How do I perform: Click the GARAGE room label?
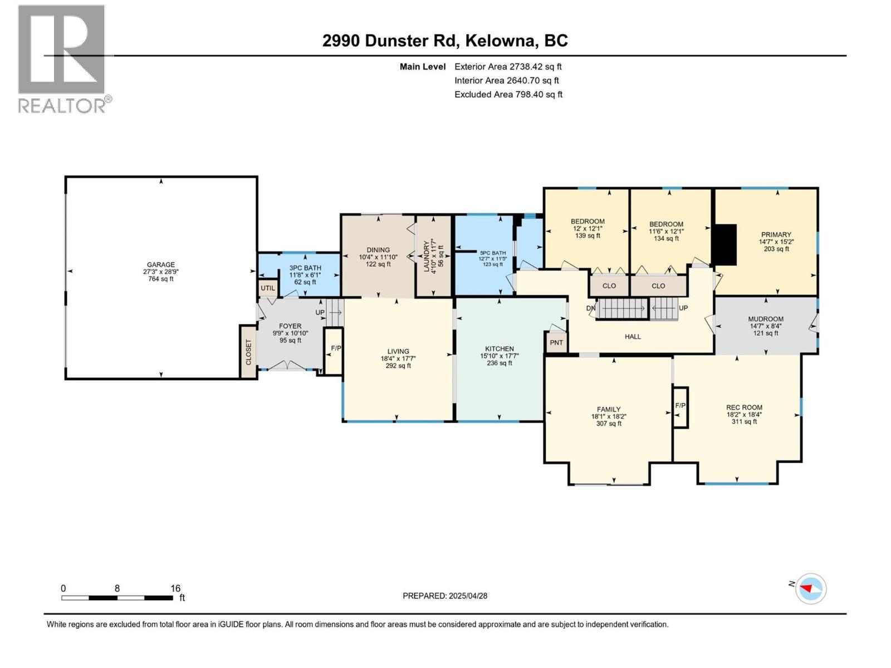pyautogui.click(x=161, y=264)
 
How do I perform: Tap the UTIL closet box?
pyautogui.click(x=268, y=288)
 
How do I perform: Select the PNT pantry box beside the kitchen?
pyautogui.click(x=556, y=342)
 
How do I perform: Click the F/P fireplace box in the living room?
pyautogui.click(x=334, y=351)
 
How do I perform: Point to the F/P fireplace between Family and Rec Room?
pyautogui.click(x=681, y=407)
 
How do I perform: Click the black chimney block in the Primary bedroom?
pyautogui.click(x=725, y=244)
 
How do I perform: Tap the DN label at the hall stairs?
pyautogui.click(x=591, y=308)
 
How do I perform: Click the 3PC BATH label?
pyautogui.click(x=305, y=268)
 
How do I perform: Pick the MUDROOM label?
pyautogui.click(x=766, y=319)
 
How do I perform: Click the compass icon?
pyautogui.click(x=811, y=588)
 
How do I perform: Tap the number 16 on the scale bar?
pyautogui.click(x=175, y=588)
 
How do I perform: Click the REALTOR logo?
pyautogui.click(x=63, y=59)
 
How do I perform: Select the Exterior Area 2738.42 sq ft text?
pyautogui.click(x=508, y=66)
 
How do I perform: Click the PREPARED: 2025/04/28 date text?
pyautogui.click(x=445, y=596)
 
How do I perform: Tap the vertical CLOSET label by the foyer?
pyautogui.click(x=248, y=352)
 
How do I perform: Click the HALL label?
pyautogui.click(x=633, y=337)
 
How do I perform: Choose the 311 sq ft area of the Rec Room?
pyautogui.click(x=744, y=421)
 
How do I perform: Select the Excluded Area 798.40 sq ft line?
pyautogui.click(x=508, y=95)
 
